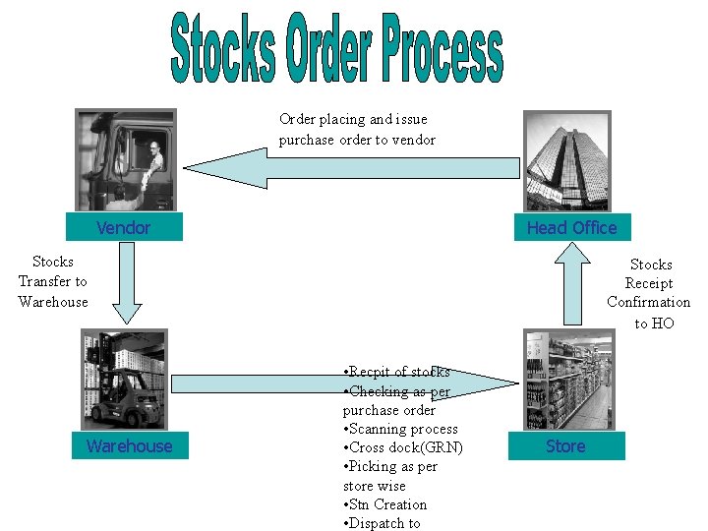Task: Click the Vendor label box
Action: [124, 228]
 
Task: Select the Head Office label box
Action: [571, 228]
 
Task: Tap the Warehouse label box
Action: [129, 446]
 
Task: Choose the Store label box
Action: [565, 446]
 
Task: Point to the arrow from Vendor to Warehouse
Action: [127, 284]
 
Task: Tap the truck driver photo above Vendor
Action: [126, 160]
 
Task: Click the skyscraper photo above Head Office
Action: [566, 160]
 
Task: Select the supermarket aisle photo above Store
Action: [567, 381]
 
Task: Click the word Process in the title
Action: [428, 48]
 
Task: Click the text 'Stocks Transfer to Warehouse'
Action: [53, 282]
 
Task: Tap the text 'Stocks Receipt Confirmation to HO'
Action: [649, 293]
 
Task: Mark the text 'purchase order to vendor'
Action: [357, 140]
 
